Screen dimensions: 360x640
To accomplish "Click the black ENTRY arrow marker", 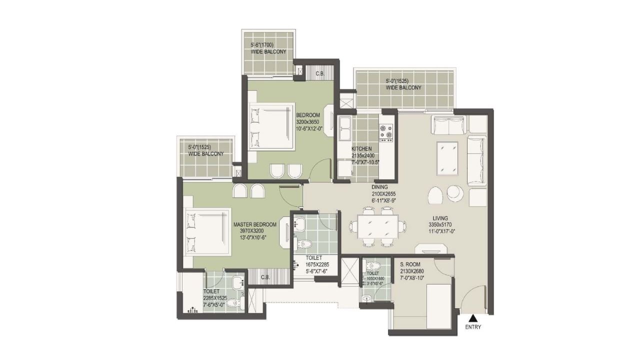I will coord(472,317).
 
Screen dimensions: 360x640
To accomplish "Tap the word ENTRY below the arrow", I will coord(472,327).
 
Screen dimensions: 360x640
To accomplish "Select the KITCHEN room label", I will coord(361,149).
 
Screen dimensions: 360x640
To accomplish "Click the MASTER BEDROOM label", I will coord(254,224).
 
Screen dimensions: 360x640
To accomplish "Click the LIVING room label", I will coord(440,218).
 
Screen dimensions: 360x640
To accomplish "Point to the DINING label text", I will coord(379,187).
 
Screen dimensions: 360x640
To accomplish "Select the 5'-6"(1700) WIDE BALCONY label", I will coord(268,48).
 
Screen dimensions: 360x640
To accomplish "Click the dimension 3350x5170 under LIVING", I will coord(440,225).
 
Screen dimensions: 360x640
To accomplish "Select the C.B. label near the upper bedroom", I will coord(320,73).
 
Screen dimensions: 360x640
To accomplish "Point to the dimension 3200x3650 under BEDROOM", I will coord(307,122).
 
